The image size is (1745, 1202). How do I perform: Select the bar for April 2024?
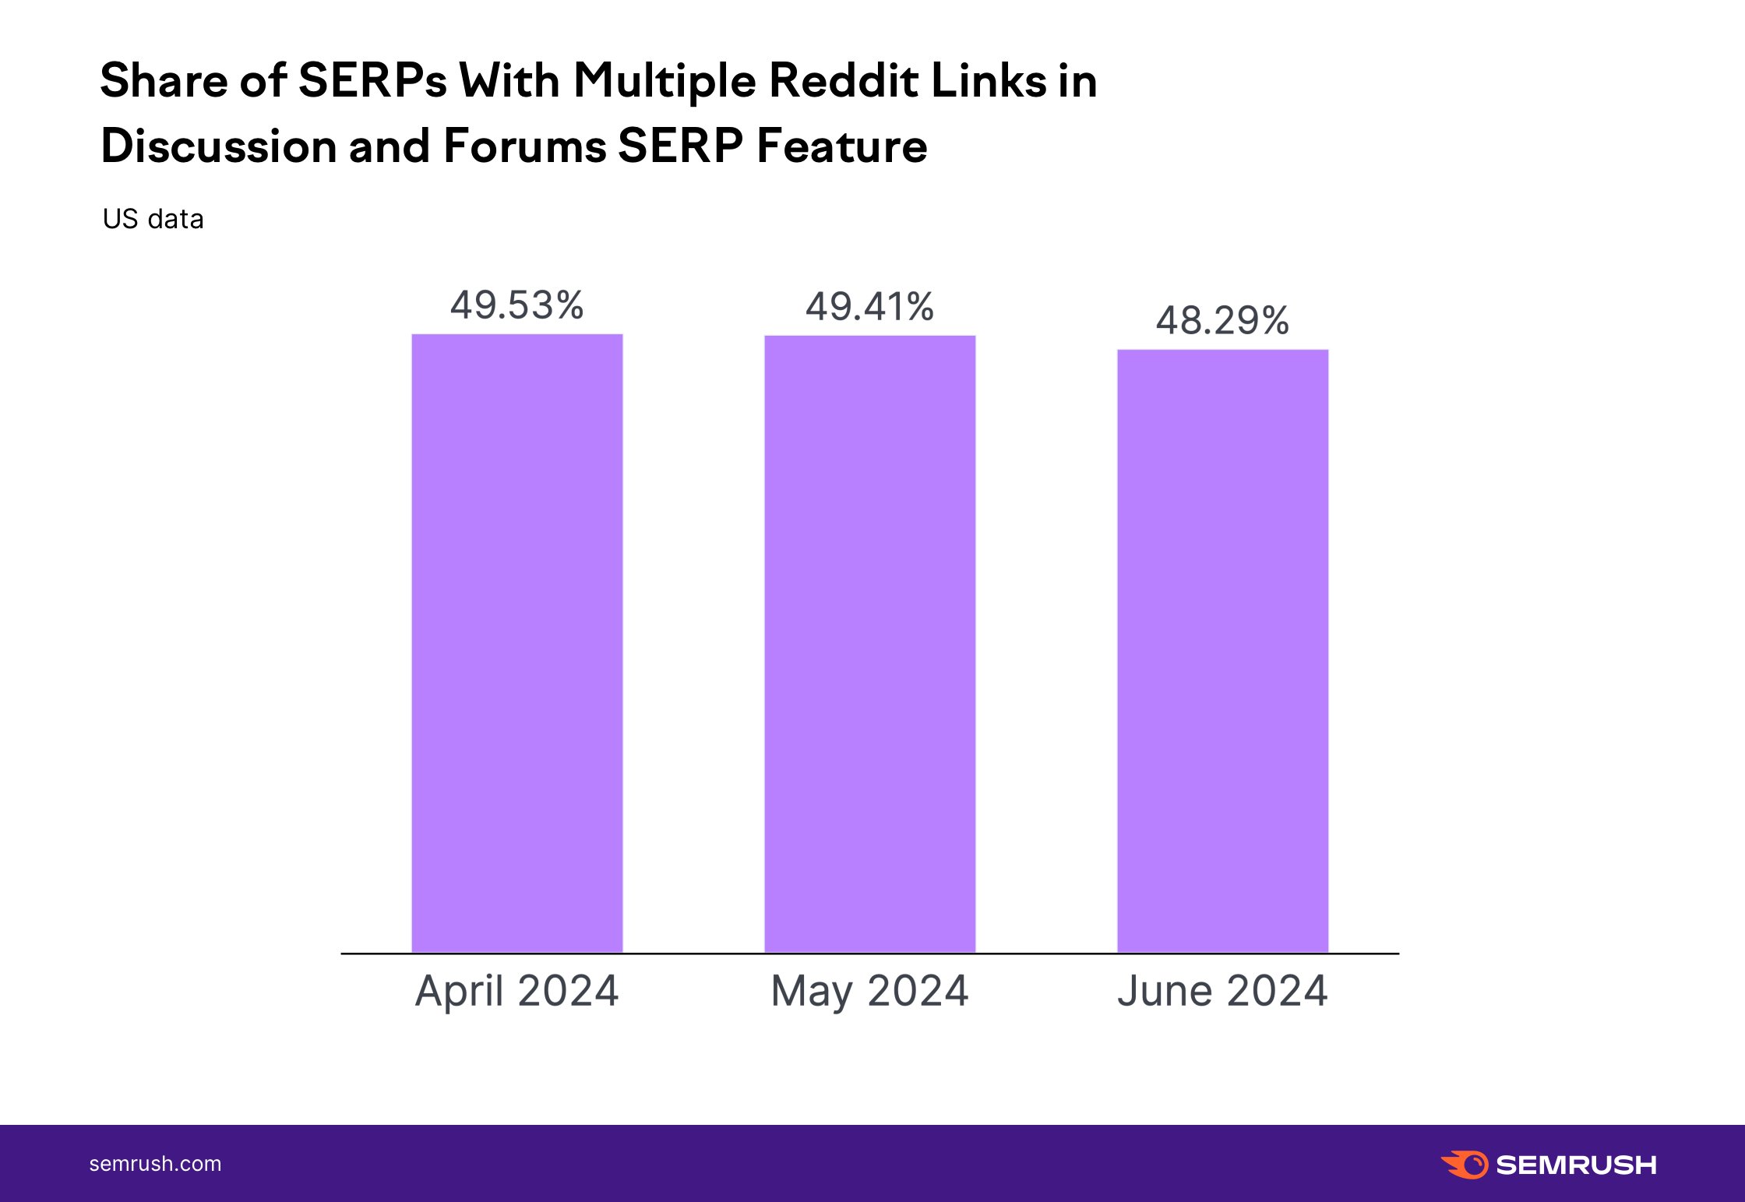click(x=516, y=643)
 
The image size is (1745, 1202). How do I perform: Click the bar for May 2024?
click(x=869, y=643)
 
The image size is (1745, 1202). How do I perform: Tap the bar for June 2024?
click(x=1222, y=650)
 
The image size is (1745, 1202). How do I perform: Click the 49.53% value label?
click(x=516, y=305)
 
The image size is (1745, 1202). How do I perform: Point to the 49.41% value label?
click(x=869, y=306)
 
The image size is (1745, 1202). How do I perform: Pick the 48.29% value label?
click(x=1222, y=320)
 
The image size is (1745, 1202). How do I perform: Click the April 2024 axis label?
click(x=516, y=991)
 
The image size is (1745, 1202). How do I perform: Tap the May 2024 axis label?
click(x=869, y=991)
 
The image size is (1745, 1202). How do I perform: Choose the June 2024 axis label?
click(x=1222, y=991)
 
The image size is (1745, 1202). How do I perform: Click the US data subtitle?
click(x=153, y=219)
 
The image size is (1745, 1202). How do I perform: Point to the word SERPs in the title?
click(x=372, y=80)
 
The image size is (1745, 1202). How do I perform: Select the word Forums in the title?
click(x=524, y=146)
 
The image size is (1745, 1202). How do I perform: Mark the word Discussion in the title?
click(x=217, y=146)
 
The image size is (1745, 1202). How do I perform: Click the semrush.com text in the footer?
click(x=155, y=1164)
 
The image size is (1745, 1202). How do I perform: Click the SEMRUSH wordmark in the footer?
click(x=1576, y=1165)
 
